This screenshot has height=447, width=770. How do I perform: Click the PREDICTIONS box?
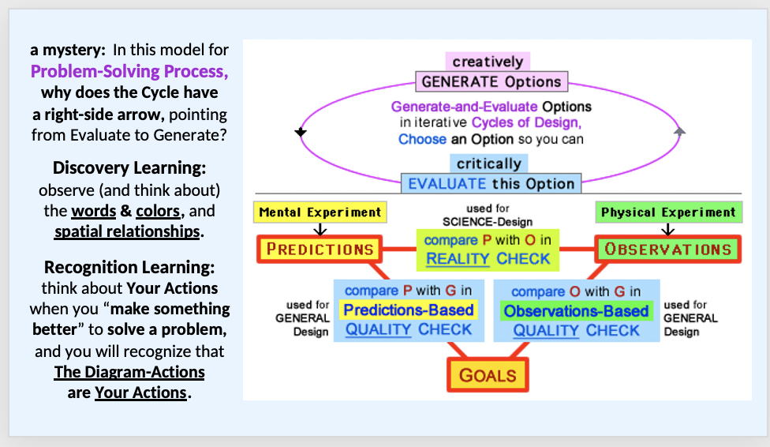pyautogui.click(x=320, y=250)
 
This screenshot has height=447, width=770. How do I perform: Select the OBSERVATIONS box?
pyautogui.click(x=667, y=250)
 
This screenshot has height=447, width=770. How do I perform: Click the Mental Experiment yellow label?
pyautogui.click(x=320, y=212)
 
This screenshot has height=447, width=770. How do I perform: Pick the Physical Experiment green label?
pyautogui.click(x=667, y=212)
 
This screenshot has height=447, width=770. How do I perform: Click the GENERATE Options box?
pyautogui.click(x=491, y=81)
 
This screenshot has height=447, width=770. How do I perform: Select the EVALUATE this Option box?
pyautogui.click(x=491, y=184)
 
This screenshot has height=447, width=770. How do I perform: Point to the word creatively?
pyautogui.click(x=488, y=62)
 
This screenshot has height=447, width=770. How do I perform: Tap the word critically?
pyautogui.click(x=489, y=164)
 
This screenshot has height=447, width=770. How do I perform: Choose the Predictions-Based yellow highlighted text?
pyautogui.click(x=409, y=310)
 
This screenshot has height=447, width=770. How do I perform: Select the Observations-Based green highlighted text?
pyautogui.click(x=576, y=310)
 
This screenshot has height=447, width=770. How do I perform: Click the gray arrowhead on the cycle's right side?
pyautogui.click(x=680, y=131)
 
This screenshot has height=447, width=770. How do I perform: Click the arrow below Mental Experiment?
pyautogui.click(x=320, y=229)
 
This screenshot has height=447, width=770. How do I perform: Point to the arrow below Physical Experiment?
pyautogui.click(x=667, y=229)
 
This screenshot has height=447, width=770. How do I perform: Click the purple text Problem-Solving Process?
pyautogui.click(x=129, y=71)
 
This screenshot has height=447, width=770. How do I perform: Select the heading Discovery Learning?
pyautogui.click(x=129, y=168)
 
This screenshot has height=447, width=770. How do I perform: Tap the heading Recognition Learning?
pyautogui.click(x=129, y=267)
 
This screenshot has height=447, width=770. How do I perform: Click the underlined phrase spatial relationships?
pyautogui.click(x=127, y=232)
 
